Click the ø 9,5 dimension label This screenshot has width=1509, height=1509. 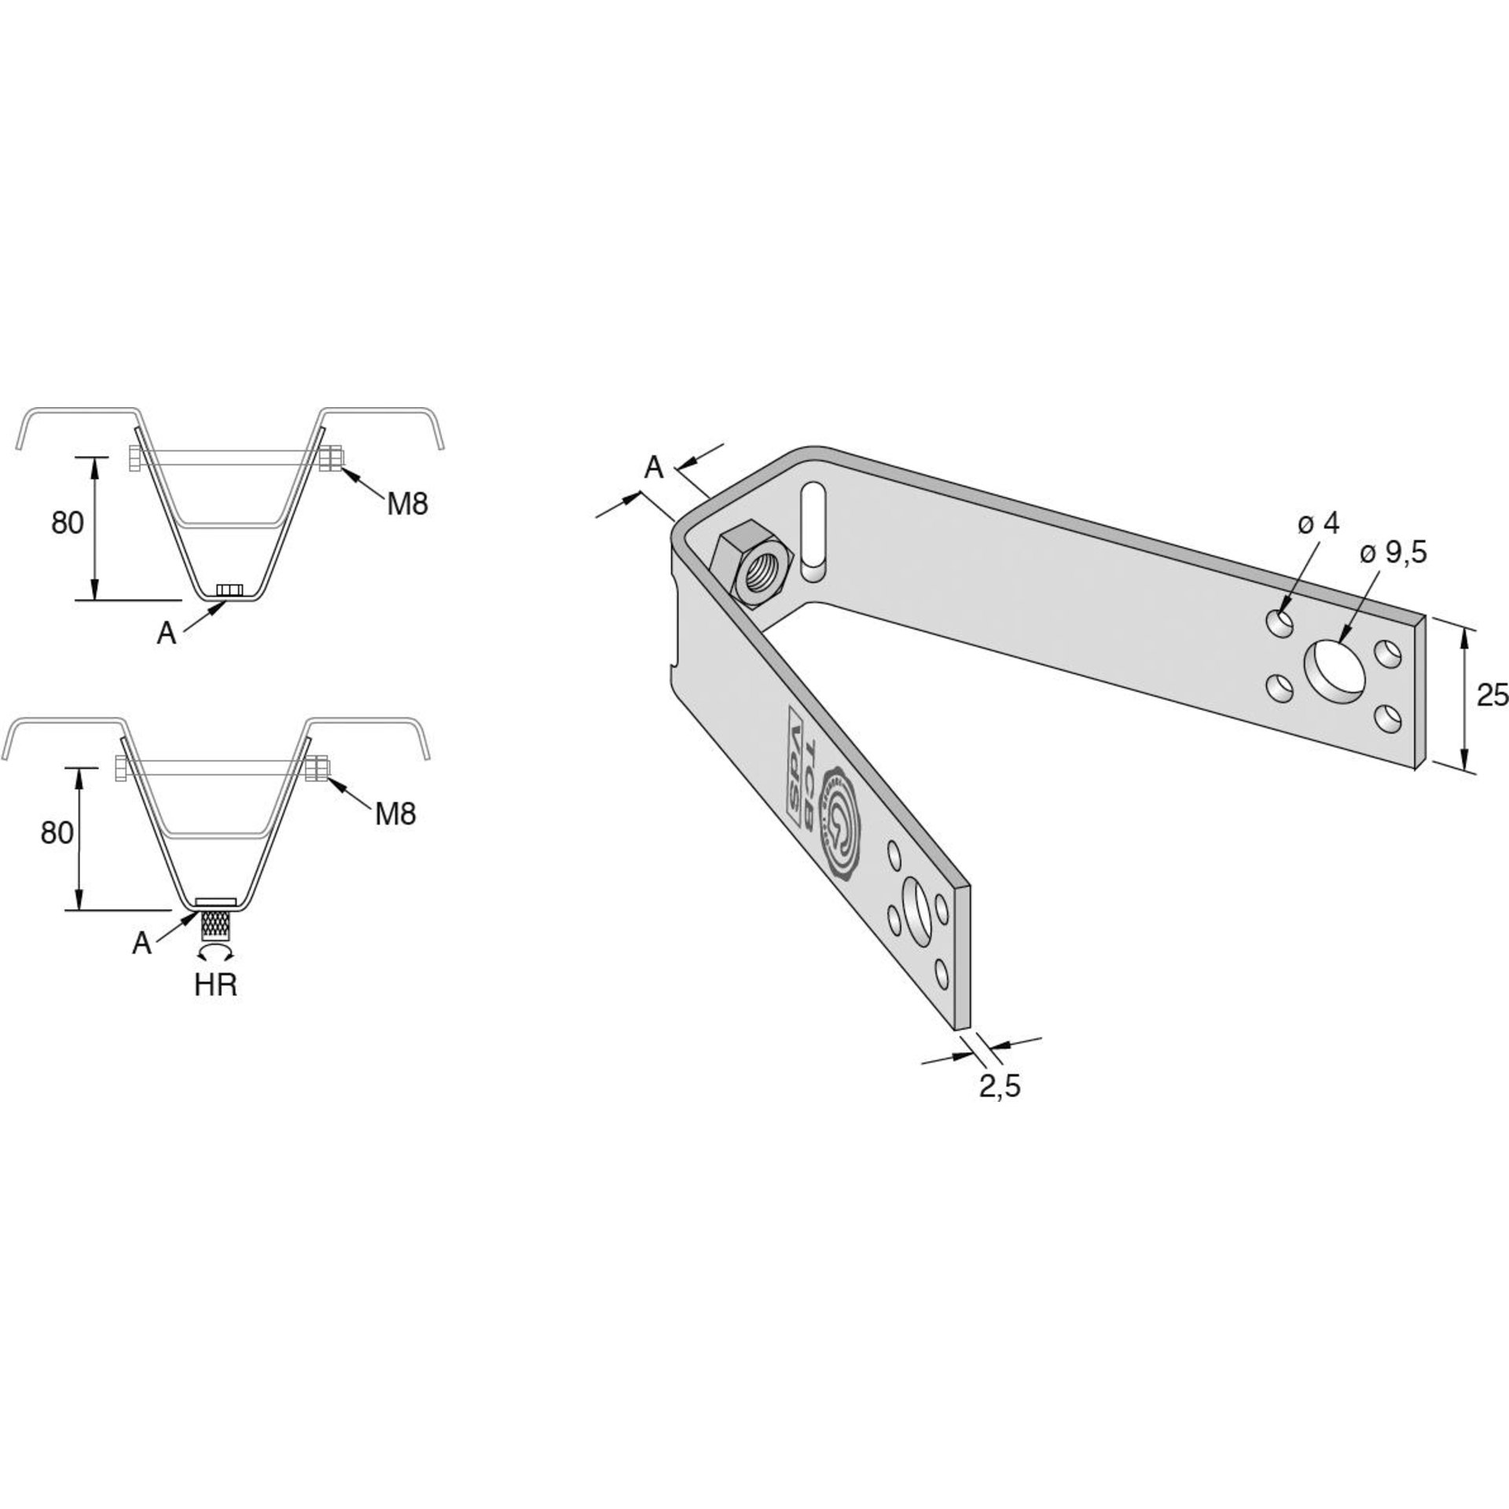(1393, 554)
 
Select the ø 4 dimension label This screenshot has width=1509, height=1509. (1318, 523)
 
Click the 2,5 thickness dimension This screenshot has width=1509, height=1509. (1000, 1085)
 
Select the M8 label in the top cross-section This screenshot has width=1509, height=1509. (407, 504)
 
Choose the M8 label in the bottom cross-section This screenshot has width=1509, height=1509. (395, 814)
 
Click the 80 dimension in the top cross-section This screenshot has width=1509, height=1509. (68, 523)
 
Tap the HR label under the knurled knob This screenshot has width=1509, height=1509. (215, 985)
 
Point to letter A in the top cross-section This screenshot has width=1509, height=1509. (166, 633)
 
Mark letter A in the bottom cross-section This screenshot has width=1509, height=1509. (141, 943)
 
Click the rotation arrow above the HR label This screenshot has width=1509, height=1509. (215, 953)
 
